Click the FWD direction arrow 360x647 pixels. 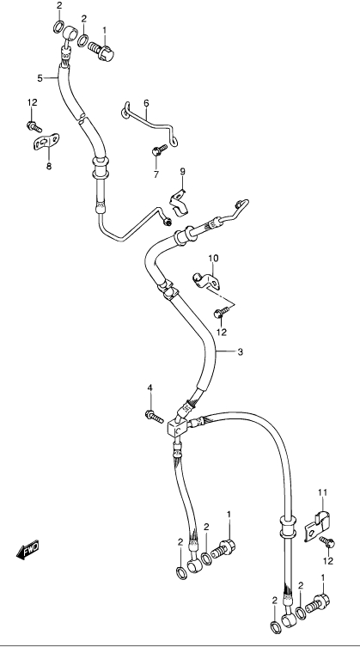27,550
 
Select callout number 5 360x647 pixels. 40,78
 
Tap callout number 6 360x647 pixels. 146,103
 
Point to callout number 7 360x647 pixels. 156,174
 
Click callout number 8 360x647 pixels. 49,167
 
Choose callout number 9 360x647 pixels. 182,171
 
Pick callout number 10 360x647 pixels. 213,259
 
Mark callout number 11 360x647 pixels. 322,491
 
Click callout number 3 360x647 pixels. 241,352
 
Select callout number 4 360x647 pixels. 149,388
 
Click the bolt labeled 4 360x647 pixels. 155,417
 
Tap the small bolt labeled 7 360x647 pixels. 160,150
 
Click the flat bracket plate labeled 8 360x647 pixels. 46,142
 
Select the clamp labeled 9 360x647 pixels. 180,204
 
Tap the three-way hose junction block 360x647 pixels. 178,427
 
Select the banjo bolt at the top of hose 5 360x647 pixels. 101,51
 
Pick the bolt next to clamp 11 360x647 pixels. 327,543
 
